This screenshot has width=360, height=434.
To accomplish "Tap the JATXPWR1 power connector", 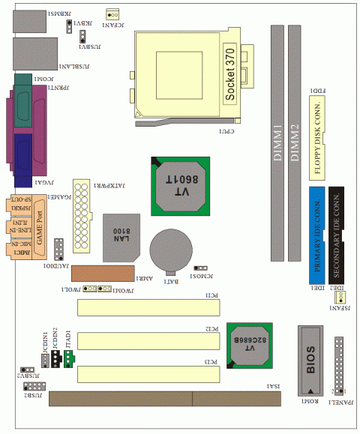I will pos(81,206).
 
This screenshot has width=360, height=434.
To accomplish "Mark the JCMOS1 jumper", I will pos(200,268).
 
